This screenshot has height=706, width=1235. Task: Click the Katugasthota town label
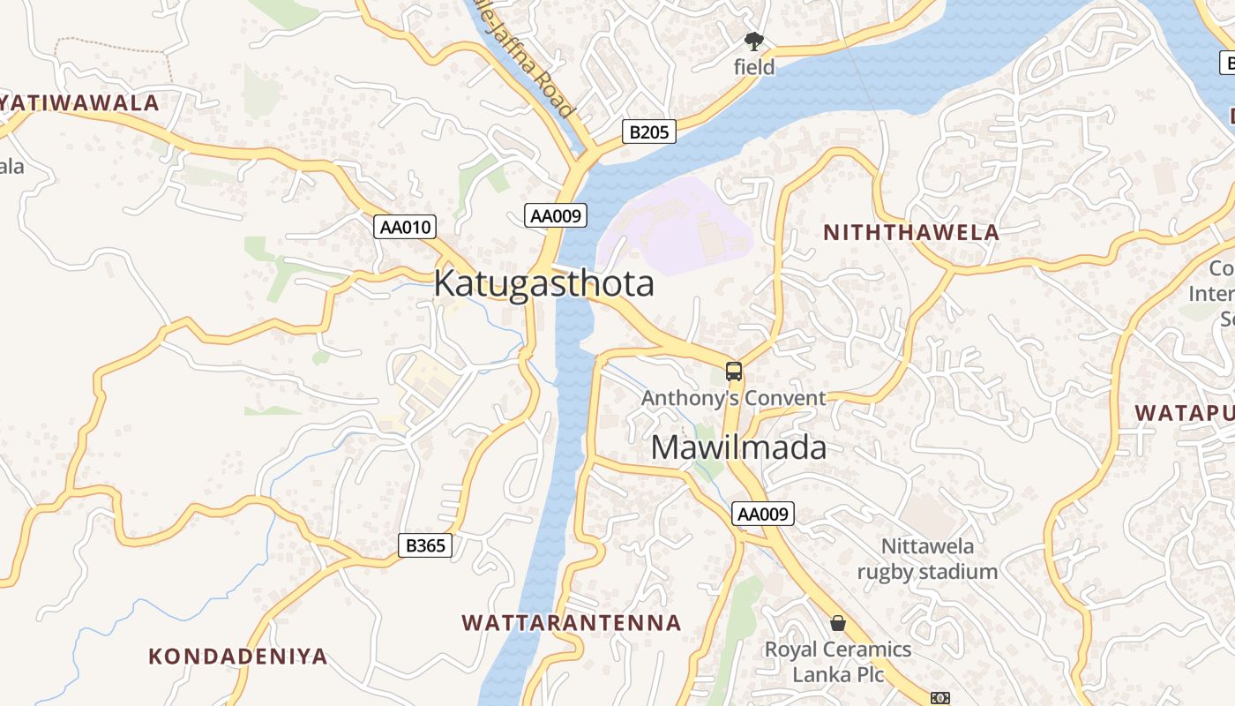(x=543, y=283)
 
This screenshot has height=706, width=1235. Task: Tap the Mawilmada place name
(x=738, y=447)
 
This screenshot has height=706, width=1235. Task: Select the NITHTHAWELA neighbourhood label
(x=911, y=233)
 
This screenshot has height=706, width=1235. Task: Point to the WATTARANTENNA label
(x=572, y=623)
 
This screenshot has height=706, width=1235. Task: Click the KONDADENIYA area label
(x=238, y=657)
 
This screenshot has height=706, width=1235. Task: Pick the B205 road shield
(x=649, y=132)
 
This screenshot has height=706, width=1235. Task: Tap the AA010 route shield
(x=406, y=227)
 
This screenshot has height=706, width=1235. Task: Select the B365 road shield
(x=425, y=545)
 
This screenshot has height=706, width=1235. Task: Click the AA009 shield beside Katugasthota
(x=557, y=215)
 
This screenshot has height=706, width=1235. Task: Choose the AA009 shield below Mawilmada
(x=763, y=514)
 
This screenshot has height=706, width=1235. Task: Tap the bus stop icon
(x=734, y=372)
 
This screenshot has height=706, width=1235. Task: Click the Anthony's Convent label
(x=733, y=398)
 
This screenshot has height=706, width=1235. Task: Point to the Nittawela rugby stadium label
(x=927, y=559)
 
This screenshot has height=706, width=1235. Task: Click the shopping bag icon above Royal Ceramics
(x=838, y=623)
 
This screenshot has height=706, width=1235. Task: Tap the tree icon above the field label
(x=753, y=41)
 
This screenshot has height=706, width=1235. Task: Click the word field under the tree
(x=754, y=67)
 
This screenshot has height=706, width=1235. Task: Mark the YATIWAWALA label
(x=79, y=103)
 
